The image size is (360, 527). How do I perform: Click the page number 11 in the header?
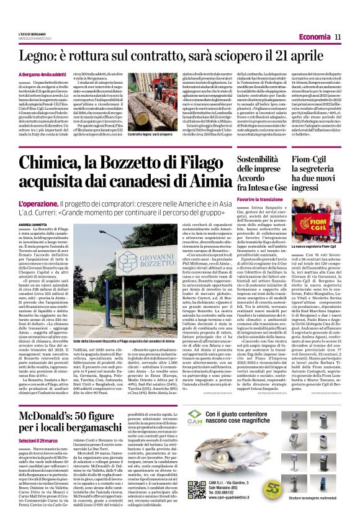338,37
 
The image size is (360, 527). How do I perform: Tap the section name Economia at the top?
313,37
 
